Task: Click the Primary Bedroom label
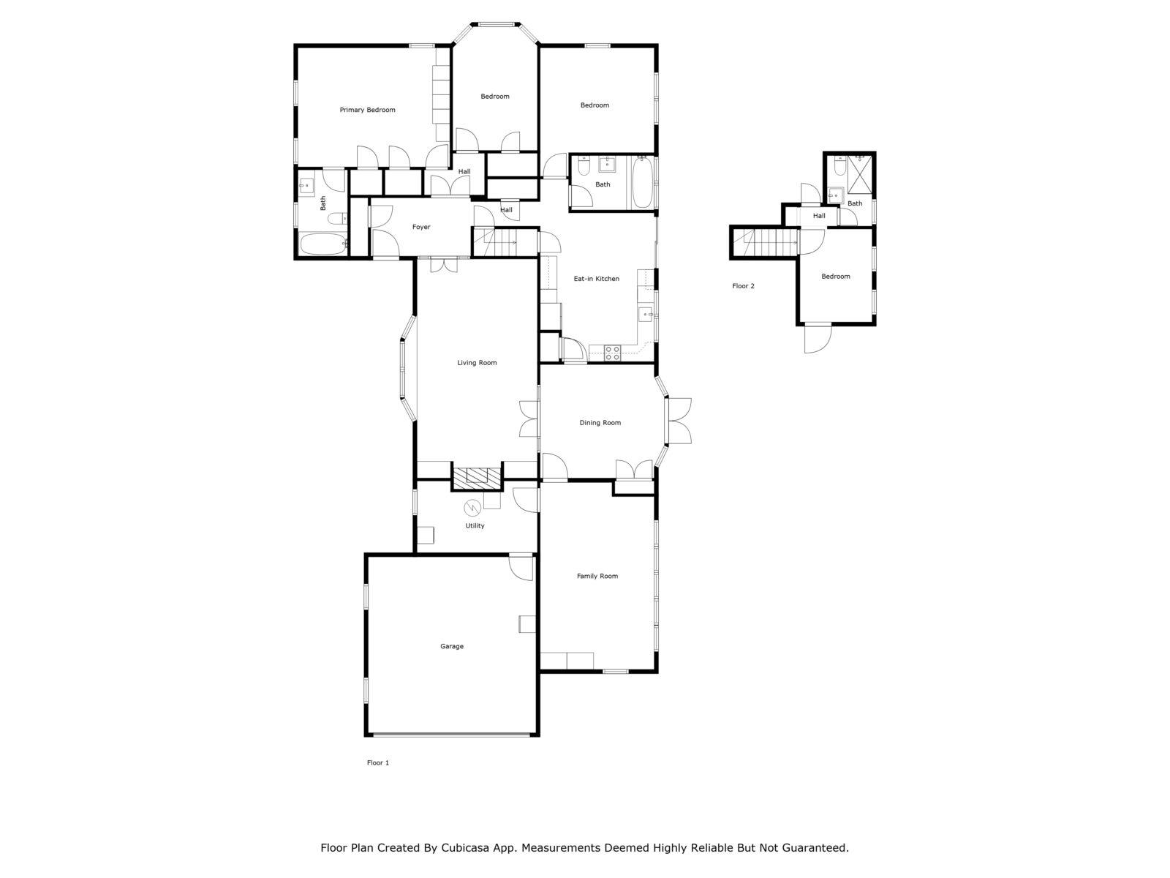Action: tap(367, 110)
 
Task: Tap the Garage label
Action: tap(451, 646)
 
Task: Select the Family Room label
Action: tap(597, 576)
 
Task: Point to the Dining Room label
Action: tap(600, 423)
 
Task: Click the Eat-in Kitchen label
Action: tap(597, 278)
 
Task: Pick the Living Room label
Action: tap(477, 362)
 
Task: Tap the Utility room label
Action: tap(475, 525)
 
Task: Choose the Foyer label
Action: tap(421, 227)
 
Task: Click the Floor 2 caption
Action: tap(743, 286)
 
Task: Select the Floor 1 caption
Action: tap(378, 763)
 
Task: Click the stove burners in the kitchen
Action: tap(613, 353)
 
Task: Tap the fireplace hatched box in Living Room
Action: tap(477, 479)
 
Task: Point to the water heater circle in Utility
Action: tap(472, 508)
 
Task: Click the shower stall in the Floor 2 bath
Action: tap(860, 174)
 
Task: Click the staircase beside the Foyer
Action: tap(505, 242)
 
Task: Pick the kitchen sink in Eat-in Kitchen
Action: tap(646, 315)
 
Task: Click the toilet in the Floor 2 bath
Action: tap(839, 166)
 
